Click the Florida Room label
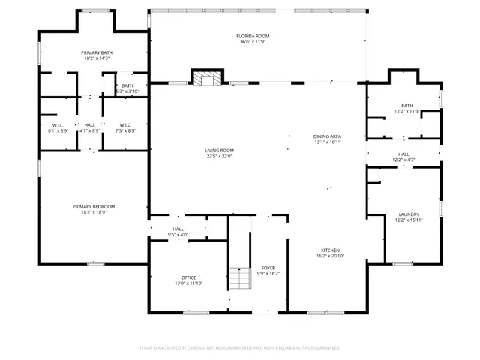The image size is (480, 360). (x=252, y=36)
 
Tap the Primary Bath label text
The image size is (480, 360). (x=96, y=52)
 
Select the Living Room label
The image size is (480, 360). (x=220, y=151)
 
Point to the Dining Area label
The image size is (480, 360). (x=327, y=136)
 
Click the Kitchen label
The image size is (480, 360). (x=331, y=250)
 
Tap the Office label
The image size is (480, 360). (x=188, y=277)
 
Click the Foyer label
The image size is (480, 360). (x=268, y=268)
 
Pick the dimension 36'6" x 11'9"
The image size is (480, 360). (x=252, y=41)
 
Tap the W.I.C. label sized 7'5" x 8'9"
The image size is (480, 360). (x=125, y=125)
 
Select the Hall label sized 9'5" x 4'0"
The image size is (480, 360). (x=178, y=229)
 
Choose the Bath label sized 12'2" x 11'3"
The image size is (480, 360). (x=406, y=106)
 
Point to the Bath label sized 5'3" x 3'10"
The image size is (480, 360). (x=127, y=85)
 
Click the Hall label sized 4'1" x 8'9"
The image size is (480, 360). (x=90, y=125)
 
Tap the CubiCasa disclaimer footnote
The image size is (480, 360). (x=240, y=347)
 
